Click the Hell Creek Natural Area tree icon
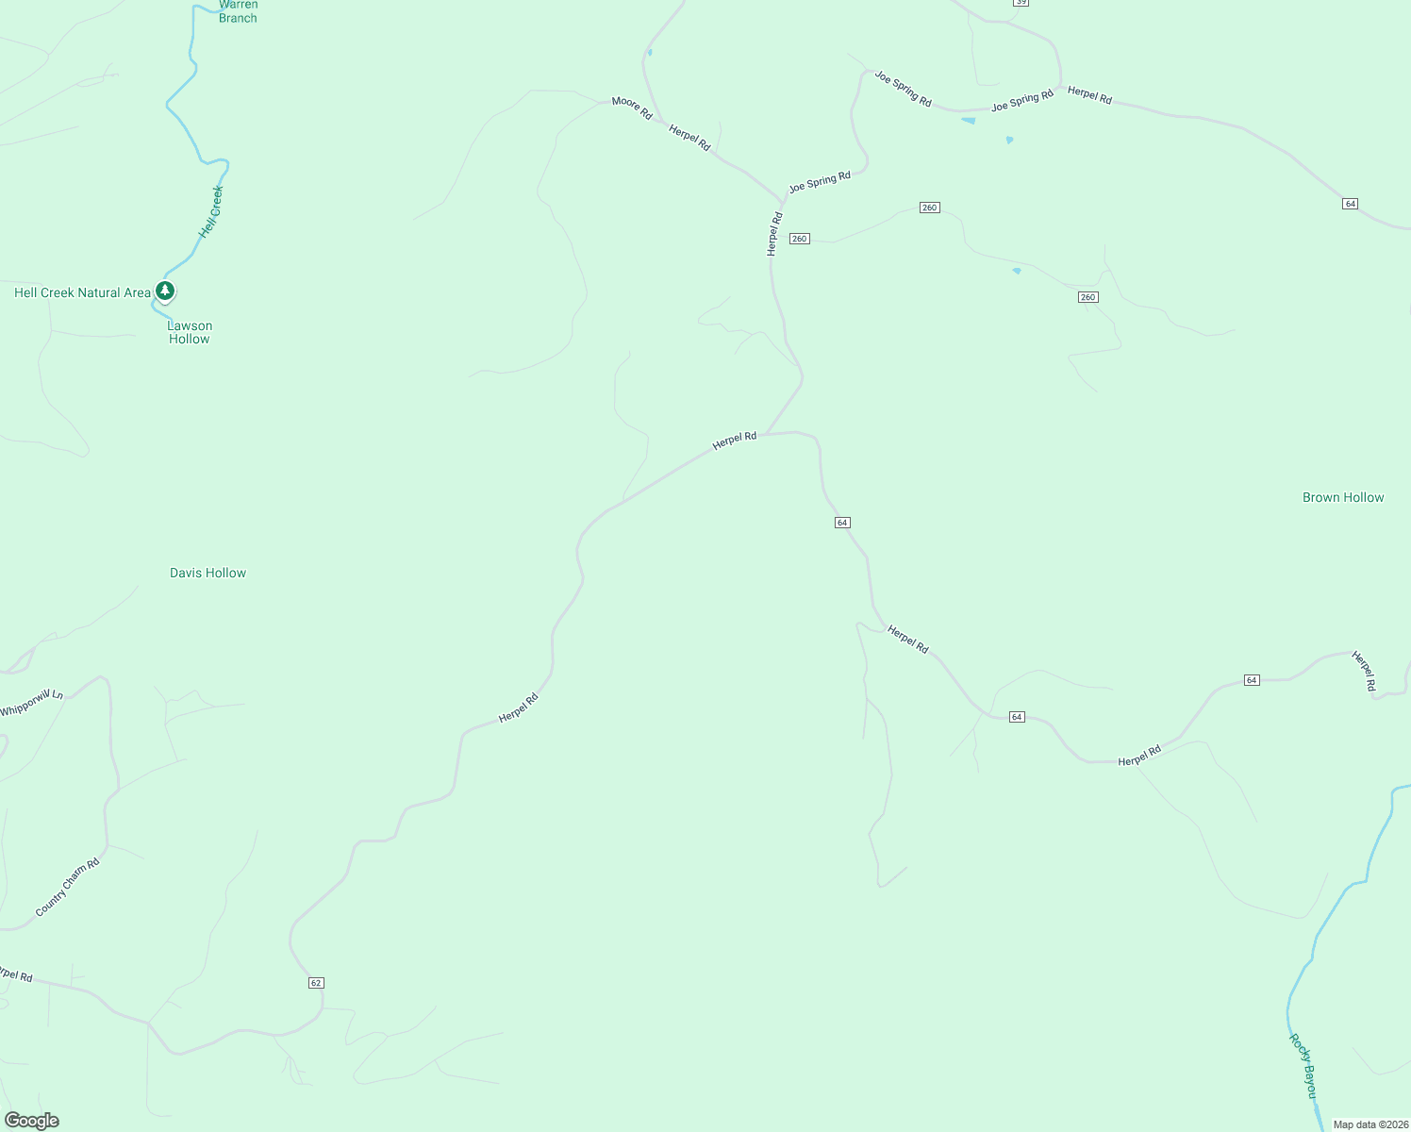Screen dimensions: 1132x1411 [x=165, y=291]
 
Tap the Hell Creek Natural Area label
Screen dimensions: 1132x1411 [x=82, y=293]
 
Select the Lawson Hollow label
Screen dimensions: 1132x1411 [x=190, y=332]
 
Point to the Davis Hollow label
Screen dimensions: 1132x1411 [x=207, y=573]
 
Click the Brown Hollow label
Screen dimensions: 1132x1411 [x=1342, y=497]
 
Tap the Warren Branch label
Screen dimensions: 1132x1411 [x=238, y=11]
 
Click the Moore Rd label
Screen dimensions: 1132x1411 [x=632, y=108]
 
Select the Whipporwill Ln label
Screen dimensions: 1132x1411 [x=31, y=703]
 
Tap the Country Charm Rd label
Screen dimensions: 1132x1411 [x=67, y=887]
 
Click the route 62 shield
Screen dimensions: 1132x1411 [x=316, y=983]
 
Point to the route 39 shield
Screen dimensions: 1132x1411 [x=1021, y=3]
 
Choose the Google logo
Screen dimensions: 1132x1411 [x=32, y=1121]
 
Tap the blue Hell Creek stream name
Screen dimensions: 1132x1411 [x=211, y=211]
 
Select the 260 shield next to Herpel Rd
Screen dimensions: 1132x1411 [x=800, y=239]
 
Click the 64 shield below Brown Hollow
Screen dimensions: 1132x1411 [x=1252, y=680]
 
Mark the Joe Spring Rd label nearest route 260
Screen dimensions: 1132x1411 [x=820, y=181]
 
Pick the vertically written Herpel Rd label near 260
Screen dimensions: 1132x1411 [x=774, y=233]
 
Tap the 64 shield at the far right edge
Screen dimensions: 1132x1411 [x=1351, y=204]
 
